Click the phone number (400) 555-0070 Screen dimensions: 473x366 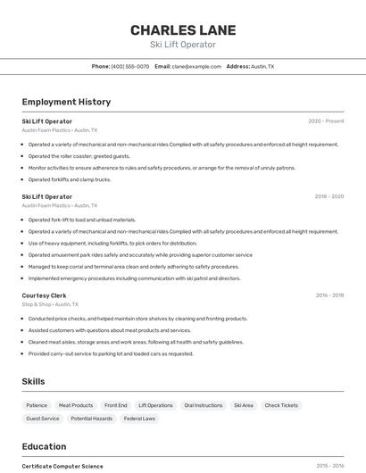coord(130,66)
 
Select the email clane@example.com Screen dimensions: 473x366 coord(195,66)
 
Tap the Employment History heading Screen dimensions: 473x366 coord(66,102)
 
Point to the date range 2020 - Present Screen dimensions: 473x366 coord(326,121)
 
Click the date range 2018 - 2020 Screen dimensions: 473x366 coord(329,196)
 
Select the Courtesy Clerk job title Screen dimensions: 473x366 coord(44,295)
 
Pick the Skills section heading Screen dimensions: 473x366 coord(33,381)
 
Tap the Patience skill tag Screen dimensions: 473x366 coord(37,405)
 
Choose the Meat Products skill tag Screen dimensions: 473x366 coord(76,405)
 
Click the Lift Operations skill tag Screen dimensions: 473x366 coord(155,405)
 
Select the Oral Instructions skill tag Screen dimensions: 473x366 coord(203,405)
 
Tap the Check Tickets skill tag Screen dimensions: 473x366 coord(281,405)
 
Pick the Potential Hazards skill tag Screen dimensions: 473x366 coord(92,419)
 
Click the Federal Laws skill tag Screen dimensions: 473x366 coord(139,419)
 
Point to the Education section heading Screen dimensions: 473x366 coord(44,446)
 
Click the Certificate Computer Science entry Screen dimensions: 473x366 coord(62,466)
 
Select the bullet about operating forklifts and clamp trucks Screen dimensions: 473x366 coord(70,179)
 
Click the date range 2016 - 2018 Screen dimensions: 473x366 coord(329,295)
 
